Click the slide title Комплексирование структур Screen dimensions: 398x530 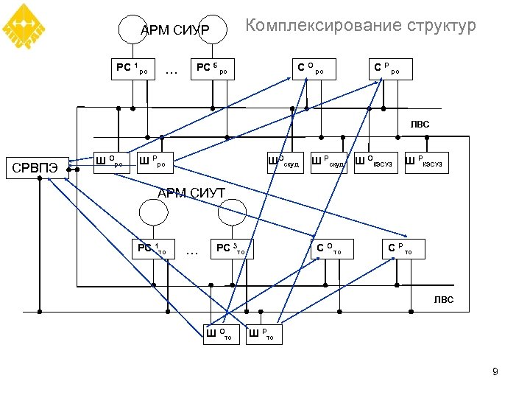pyautogui.click(x=360, y=27)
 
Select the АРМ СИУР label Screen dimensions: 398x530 pyautogui.click(x=175, y=30)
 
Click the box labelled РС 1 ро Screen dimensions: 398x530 pyautogui.click(x=135, y=70)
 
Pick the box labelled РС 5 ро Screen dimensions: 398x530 pyautogui.click(x=212, y=70)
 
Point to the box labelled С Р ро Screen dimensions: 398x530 pyautogui.click(x=390, y=70)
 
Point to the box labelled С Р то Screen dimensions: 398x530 pyautogui.click(x=406, y=249)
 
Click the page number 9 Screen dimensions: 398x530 pyautogui.click(x=495, y=372)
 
